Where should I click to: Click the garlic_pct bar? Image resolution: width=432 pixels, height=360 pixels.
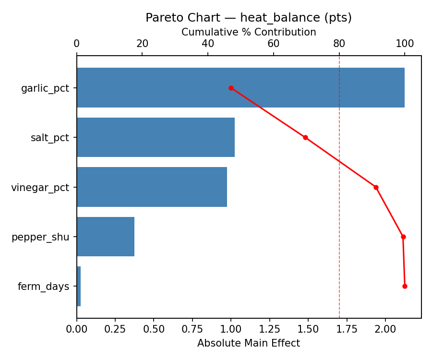240,87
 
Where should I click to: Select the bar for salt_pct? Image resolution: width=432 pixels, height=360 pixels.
156,137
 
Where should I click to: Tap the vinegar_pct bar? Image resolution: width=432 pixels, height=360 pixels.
152,187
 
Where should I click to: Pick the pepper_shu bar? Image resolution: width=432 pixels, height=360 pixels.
106,237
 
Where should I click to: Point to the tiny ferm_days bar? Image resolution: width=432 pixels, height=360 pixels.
79,286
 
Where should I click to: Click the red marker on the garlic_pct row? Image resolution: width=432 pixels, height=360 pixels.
231,88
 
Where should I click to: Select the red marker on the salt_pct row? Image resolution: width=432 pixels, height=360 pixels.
305,137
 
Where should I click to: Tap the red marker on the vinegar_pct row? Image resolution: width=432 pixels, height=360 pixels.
376,187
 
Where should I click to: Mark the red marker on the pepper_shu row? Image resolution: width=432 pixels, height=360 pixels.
403,237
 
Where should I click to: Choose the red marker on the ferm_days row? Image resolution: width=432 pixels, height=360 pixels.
405,286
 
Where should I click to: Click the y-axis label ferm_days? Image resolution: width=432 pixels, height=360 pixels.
43,287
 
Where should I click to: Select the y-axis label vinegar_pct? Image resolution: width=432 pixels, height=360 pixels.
40,187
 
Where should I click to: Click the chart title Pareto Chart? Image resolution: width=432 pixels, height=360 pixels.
249,18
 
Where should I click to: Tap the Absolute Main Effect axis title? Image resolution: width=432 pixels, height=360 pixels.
249,343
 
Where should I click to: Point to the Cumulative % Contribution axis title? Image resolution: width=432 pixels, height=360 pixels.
249,32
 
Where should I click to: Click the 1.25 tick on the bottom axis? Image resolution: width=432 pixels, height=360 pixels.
269,329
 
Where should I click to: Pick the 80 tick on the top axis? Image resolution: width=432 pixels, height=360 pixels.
339,44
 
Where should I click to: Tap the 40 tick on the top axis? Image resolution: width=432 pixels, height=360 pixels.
208,44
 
